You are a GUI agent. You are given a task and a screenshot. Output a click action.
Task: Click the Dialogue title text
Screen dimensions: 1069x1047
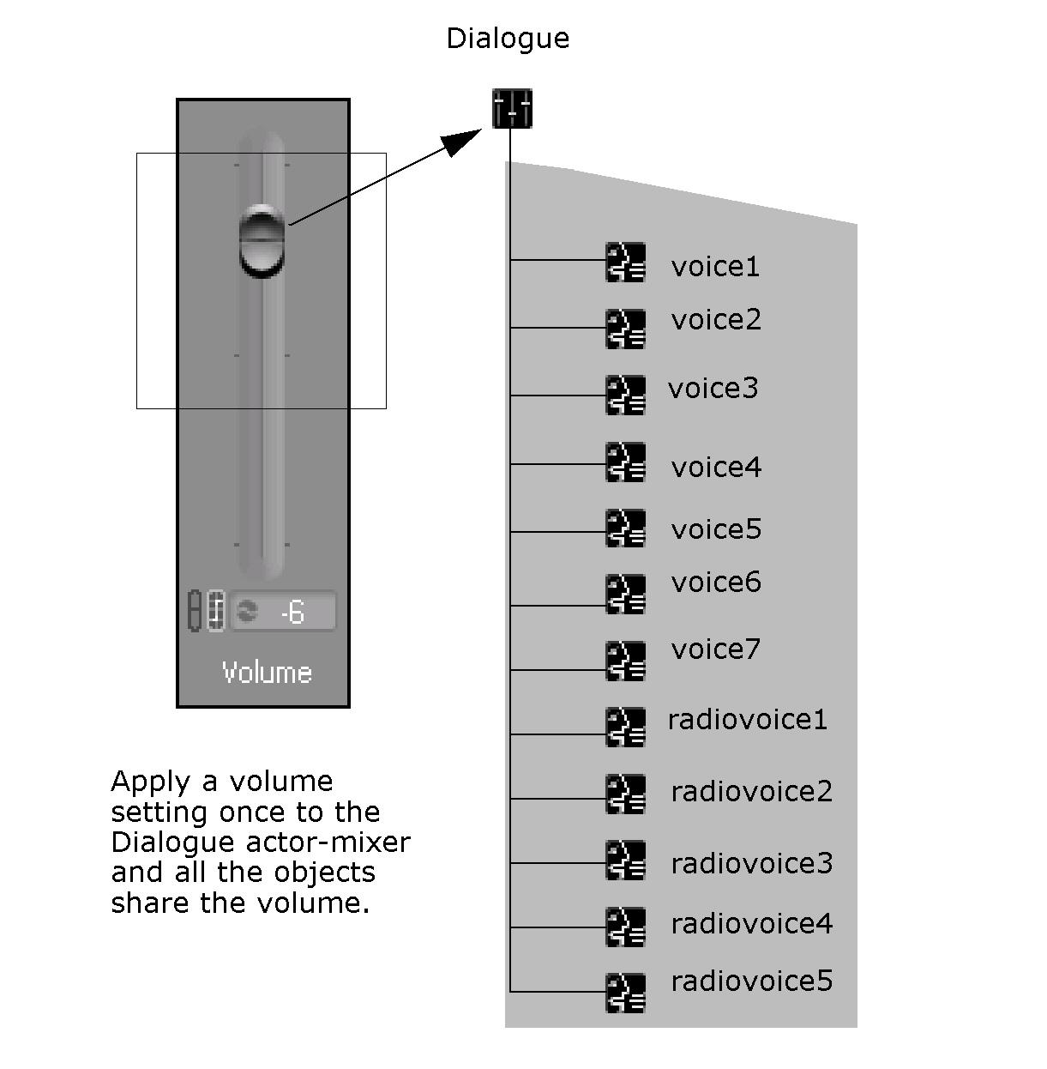click(508, 39)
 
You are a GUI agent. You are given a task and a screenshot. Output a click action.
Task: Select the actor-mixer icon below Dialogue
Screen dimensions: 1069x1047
click(512, 109)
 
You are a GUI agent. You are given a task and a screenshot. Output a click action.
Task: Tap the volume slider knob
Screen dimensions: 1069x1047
click(261, 240)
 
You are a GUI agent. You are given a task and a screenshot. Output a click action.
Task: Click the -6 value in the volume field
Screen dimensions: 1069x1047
click(292, 612)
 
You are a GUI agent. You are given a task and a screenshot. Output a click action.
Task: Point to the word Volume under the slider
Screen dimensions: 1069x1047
click(266, 672)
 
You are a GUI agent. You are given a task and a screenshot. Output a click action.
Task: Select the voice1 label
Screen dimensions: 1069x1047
click(715, 267)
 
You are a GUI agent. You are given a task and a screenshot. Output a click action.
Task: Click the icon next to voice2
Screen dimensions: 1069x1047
click(625, 329)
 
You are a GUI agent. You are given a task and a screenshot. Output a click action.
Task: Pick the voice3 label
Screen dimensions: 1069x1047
click(713, 389)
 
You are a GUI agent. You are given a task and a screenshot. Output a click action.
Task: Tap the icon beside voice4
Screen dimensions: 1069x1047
click(625, 462)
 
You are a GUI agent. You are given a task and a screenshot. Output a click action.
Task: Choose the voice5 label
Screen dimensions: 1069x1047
click(716, 529)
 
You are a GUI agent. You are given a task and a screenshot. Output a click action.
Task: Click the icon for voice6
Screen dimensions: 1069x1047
click(625, 594)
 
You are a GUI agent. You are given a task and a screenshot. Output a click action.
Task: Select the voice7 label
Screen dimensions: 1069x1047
click(715, 649)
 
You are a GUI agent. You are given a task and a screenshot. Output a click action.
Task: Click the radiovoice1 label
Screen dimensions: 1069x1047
click(747, 719)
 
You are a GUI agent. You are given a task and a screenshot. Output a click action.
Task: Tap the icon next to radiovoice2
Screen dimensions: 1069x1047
click(625, 794)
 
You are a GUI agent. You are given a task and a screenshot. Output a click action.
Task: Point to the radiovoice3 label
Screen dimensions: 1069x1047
click(751, 863)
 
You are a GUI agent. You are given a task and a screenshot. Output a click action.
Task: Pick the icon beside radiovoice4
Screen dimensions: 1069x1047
click(625, 927)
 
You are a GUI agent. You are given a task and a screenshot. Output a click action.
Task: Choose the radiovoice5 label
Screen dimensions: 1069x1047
click(751, 981)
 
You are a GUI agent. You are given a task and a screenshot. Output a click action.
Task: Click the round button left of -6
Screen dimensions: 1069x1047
click(247, 611)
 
